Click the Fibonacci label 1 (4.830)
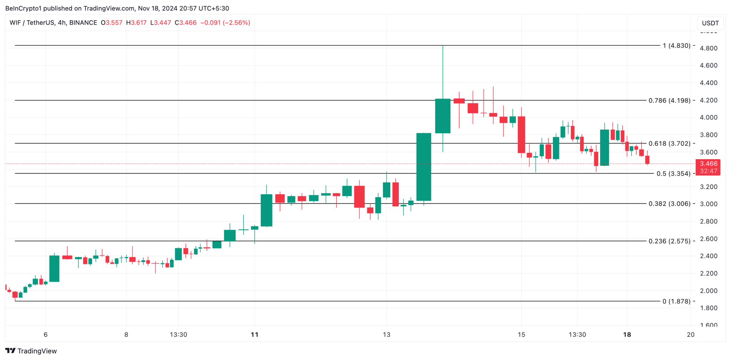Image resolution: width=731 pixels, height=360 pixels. coord(676,46)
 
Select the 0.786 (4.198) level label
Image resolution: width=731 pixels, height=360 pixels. coord(669,100)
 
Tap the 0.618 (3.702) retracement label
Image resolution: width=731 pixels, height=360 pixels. coord(669,144)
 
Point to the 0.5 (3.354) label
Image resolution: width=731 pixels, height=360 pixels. coord(673,174)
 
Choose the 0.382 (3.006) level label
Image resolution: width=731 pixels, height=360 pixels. coord(669,204)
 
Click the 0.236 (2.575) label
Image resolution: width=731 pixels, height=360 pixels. coord(669,241)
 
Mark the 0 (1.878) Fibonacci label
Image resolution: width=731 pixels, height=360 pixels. coord(676,301)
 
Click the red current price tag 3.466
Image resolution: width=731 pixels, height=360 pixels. coord(709,164)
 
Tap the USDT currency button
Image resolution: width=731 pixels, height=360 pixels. coord(710,23)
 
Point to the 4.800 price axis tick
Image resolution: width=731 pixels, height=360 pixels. coord(709,48)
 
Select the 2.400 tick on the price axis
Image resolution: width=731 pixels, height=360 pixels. coord(709,256)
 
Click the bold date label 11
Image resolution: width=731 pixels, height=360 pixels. coord(254,335)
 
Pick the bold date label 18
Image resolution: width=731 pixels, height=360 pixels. coord(627,335)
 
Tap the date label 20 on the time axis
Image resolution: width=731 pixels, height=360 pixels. coord(691,335)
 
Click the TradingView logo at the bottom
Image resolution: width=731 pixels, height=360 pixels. coord(31,351)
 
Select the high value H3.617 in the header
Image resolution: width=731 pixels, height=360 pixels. coord(136,23)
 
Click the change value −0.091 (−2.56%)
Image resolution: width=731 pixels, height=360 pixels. coord(225,23)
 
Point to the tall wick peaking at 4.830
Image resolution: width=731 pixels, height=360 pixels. coord(443,71)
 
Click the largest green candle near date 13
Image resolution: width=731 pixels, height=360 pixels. coord(424,167)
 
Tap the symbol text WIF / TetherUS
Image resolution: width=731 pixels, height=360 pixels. coord(32,23)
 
